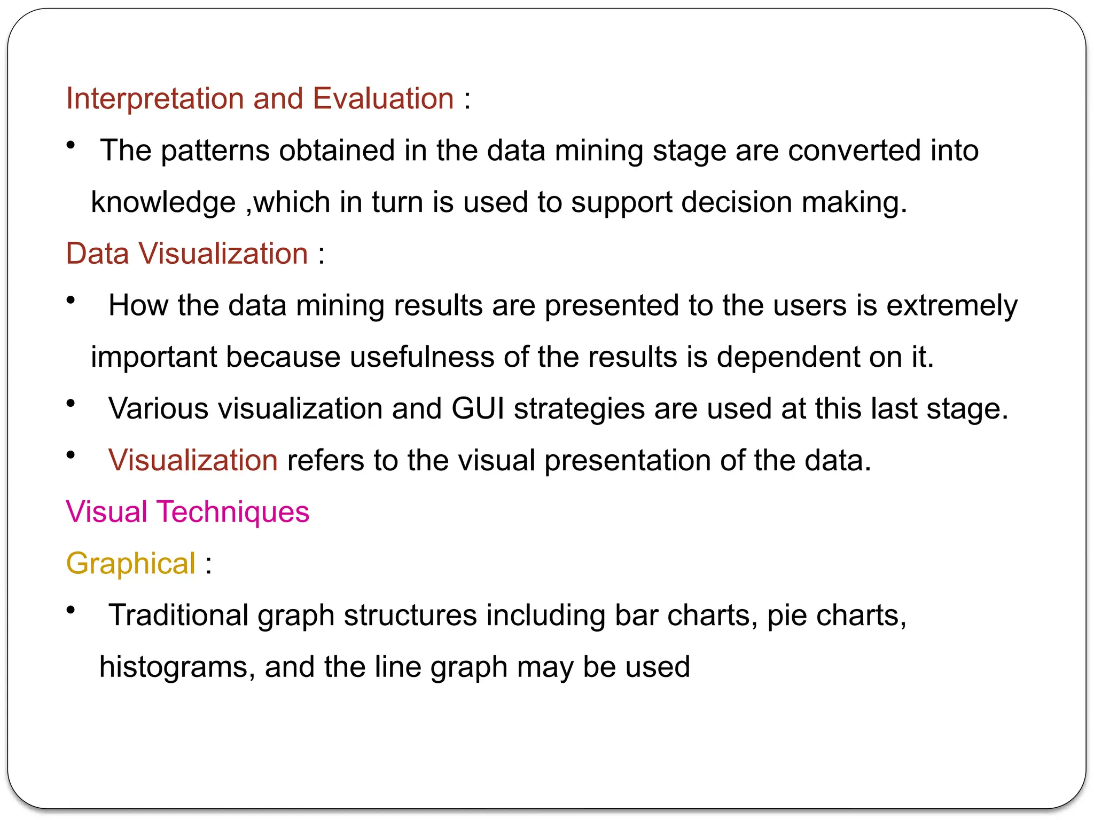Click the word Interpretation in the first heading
point(154,99)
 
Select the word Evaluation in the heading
point(383,99)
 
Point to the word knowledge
point(163,202)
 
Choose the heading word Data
point(97,254)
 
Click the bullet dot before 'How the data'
point(71,300)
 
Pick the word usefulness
point(422,357)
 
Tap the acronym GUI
point(478,409)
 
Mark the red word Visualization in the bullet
point(193,460)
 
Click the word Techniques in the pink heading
point(233,512)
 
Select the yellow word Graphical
point(131,564)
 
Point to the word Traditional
point(178,616)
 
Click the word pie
point(787,616)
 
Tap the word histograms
point(173,667)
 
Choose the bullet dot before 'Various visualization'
point(71,404)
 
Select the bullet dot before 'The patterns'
point(71,145)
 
